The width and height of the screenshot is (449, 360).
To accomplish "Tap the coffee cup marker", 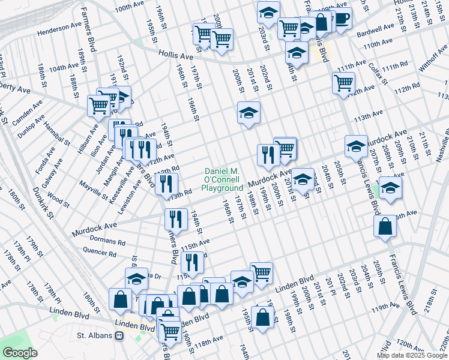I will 342,19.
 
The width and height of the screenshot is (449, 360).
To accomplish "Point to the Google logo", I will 20,353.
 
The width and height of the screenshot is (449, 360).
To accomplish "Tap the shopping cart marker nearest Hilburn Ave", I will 98,106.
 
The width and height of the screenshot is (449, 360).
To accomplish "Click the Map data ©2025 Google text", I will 412,355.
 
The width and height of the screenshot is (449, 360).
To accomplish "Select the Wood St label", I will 58,198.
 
